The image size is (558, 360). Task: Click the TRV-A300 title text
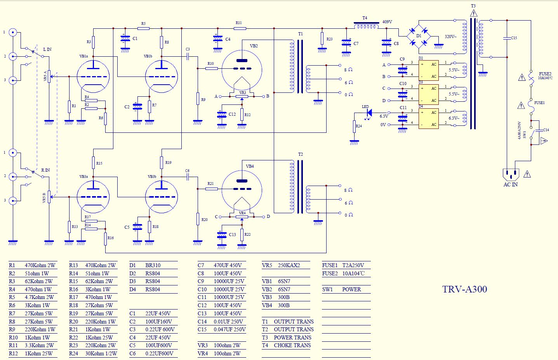click(464, 289)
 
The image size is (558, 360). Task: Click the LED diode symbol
click(369, 113)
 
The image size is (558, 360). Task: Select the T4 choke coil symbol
click(366, 26)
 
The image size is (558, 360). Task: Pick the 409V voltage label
click(387, 22)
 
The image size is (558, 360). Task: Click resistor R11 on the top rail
click(240, 28)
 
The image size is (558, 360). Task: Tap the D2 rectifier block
click(428, 70)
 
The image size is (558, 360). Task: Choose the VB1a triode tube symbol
click(93, 77)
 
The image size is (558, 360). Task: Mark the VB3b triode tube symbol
click(162, 197)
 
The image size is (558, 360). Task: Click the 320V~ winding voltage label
click(450, 37)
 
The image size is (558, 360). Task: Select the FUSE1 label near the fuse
click(539, 103)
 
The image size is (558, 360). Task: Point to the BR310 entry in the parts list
click(153, 265)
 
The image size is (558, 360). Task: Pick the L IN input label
click(47, 49)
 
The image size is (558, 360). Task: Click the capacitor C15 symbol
click(507, 38)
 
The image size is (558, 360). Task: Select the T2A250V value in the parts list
click(353, 265)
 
